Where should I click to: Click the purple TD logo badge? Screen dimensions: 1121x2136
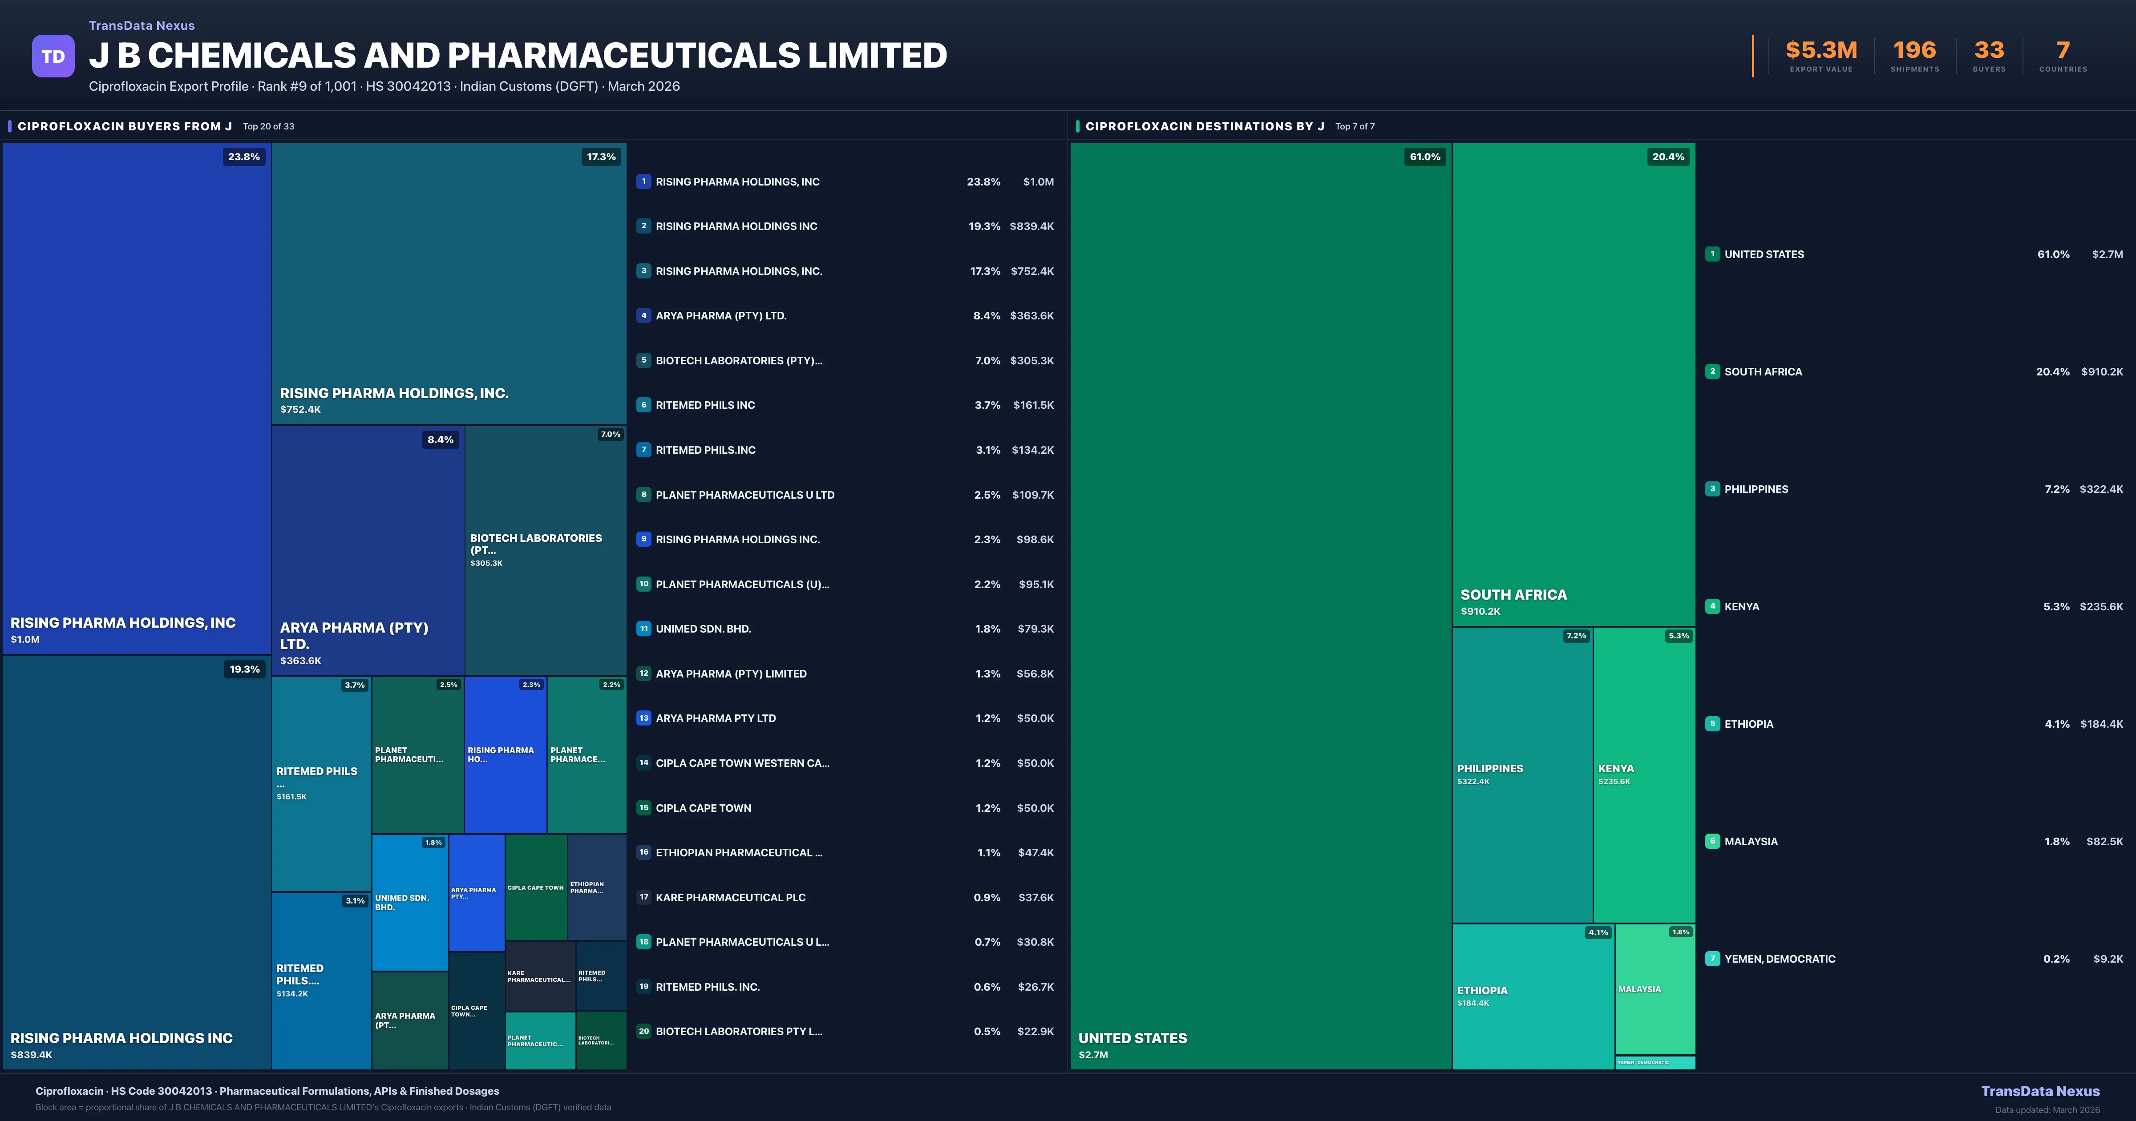(53, 56)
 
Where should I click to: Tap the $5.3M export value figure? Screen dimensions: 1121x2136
(1821, 51)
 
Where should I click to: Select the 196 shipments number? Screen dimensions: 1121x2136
(1914, 51)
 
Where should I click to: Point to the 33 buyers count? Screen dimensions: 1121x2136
(1988, 51)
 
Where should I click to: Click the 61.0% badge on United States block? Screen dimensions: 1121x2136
(1424, 157)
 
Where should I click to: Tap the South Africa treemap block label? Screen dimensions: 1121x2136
(1513, 594)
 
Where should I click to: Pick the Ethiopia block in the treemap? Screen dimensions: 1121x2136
(1532, 995)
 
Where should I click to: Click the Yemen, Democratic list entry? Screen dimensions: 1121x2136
(1780, 959)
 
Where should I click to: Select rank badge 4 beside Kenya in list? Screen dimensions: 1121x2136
(1712, 606)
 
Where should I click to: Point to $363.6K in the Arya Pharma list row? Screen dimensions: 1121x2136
(1032, 316)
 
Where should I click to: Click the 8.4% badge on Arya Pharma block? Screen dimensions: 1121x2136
(440, 440)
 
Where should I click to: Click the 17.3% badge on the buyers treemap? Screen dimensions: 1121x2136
(601, 157)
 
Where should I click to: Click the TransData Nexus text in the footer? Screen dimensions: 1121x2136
(2040, 1091)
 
